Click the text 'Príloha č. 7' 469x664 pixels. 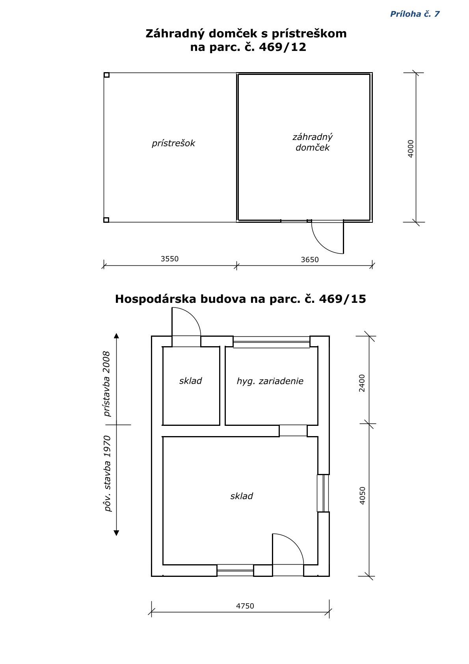tap(415, 14)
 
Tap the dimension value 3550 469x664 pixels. tap(169, 259)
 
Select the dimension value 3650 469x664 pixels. tap(310, 260)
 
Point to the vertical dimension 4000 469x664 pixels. tap(410, 149)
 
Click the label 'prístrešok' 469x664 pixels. tap(173, 144)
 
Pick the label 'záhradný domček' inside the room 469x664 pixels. tap(313, 142)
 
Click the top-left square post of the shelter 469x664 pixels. tap(107, 75)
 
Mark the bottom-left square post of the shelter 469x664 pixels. tap(106, 220)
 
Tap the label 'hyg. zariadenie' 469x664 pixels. tap(270, 381)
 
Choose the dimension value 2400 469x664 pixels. tap(362, 383)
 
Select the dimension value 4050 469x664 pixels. tap(362, 495)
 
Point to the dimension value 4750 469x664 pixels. tap(245, 606)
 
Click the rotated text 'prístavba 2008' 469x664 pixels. tap(107, 384)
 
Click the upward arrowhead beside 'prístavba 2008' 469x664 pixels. tap(116, 336)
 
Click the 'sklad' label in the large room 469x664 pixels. tap(242, 496)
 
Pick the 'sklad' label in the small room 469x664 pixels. tap(190, 380)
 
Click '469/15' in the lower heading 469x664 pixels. tap(342, 299)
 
